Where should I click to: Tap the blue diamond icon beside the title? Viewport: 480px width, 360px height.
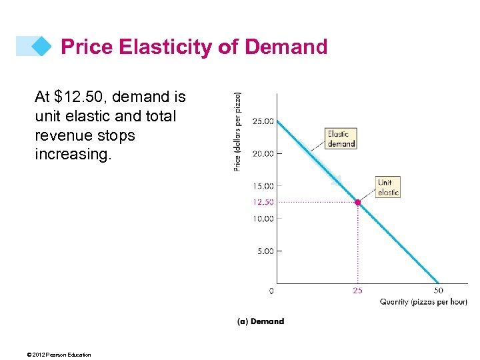click(41, 46)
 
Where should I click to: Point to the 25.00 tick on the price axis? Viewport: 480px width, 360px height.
click(263, 121)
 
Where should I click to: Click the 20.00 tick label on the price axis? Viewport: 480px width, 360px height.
click(263, 153)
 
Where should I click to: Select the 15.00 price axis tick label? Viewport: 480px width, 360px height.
click(263, 186)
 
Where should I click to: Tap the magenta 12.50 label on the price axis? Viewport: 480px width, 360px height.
click(263, 202)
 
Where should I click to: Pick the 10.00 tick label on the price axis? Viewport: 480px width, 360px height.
click(263, 219)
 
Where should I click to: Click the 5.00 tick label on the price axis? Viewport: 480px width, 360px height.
click(265, 251)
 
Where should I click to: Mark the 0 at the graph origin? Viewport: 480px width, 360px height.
click(271, 291)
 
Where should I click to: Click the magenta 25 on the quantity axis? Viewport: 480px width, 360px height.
click(358, 291)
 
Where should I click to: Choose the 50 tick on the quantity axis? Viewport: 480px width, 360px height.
click(439, 291)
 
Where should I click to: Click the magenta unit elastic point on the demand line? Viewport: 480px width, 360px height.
click(358, 202)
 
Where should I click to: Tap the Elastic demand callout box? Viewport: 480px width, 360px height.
click(341, 139)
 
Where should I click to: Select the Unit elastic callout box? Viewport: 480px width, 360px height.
click(388, 187)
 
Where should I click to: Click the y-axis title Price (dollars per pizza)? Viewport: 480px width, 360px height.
click(238, 131)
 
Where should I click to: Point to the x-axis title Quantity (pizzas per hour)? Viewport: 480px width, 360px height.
click(423, 302)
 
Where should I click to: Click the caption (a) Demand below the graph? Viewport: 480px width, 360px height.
click(261, 321)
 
